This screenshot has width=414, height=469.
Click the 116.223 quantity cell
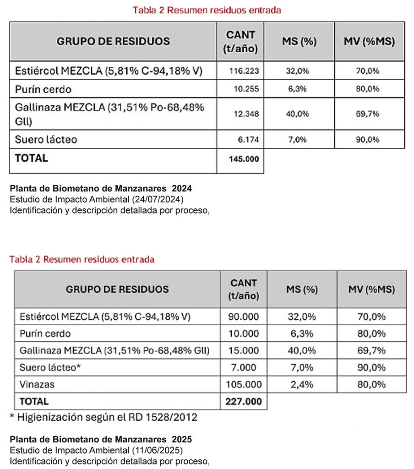[244, 71]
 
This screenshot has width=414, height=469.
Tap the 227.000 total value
[244, 401]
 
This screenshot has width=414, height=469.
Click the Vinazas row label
[37, 384]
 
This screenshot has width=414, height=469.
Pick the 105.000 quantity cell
[244, 384]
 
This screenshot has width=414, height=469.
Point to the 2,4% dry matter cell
[302, 384]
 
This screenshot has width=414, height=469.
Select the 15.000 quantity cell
[244, 350]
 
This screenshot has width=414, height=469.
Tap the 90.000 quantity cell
[244, 316]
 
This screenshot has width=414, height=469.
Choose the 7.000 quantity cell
[244, 367]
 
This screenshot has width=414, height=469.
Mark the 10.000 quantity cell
[244, 333]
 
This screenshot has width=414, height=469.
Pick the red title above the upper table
[207, 10]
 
